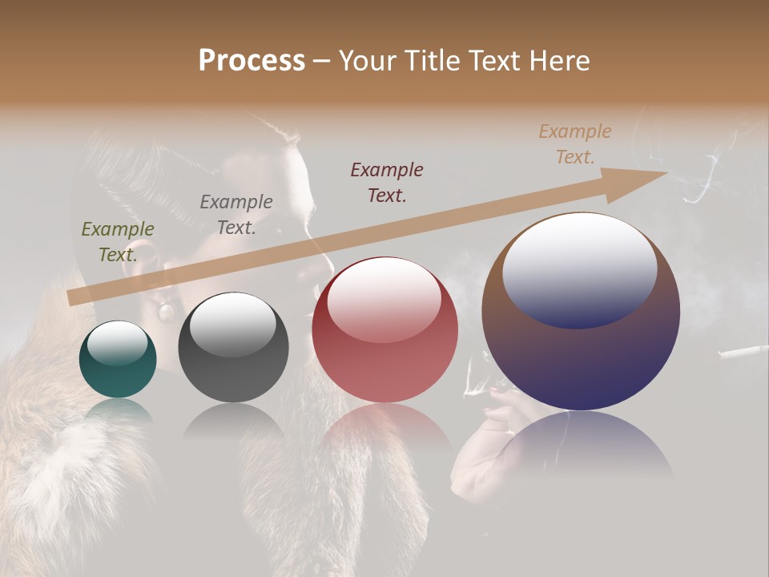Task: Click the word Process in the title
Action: pyautogui.click(x=252, y=61)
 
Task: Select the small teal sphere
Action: pyautogui.click(x=118, y=359)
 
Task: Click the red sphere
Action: pyautogui.click(x=384, y=329)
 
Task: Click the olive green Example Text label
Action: pyautogui.click(x=117, y=241)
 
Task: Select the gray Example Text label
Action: pyautogui.click(x=236, y=214)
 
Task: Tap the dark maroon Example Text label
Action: pyautogui.click(x=387, y=182)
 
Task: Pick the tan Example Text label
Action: pyautogui.click(x=575, y=143)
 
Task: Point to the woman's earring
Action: pyautogui.click(x=167, y=310)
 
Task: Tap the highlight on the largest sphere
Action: pyautogui.click(x=579, y=269)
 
